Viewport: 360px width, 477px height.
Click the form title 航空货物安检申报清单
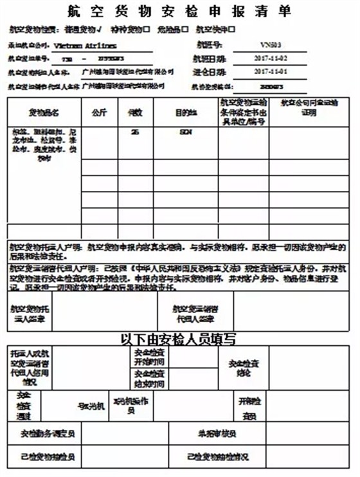point(179,12)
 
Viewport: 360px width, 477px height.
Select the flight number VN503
point(270,46)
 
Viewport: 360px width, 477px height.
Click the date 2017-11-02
point(270,59)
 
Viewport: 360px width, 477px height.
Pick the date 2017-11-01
point(270,71)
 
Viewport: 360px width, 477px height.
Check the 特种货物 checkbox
point(147,30)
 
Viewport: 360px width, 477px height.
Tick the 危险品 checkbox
point(186,30)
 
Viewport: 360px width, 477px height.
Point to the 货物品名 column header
point(44,113)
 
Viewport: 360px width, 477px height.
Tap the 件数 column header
point(135,113)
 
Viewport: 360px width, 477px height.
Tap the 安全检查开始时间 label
point(149,357)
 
